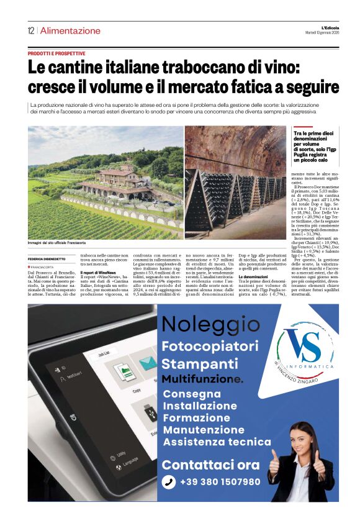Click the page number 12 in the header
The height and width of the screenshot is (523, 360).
click(30, 30)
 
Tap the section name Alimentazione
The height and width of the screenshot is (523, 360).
click(70, 30)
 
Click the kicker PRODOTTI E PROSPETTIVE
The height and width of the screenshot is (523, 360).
click(56, 54)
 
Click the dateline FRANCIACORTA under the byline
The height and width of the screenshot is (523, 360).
click(43, 267)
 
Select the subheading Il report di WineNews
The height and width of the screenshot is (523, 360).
click(98, 273)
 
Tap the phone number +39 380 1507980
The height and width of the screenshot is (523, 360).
click(220, 482)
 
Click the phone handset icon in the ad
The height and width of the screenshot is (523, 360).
click(169, 482)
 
